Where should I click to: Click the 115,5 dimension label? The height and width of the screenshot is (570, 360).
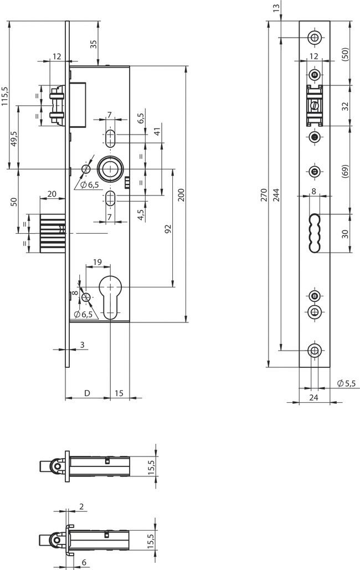click(x=5, y=96)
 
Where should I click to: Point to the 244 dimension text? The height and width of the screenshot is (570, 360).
click(x=276, y=194)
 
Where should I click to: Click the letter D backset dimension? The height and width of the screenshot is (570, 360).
click(x=87, y=393)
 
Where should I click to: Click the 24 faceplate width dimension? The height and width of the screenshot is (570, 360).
click(x=314, y=397)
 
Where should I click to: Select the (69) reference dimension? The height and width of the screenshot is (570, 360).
click(x=346, y=170)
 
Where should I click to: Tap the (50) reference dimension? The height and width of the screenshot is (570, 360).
click(x=346, y=54)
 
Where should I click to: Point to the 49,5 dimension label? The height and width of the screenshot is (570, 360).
click(x=14, y=137)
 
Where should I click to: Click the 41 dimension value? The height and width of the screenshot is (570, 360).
click(x=157, y=131)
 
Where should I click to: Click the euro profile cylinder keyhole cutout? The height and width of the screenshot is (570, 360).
click(x=111, y=296)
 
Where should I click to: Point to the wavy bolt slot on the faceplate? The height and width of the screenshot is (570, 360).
click(x=314, y=233)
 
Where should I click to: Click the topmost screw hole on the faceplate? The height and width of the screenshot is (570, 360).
click(x=315, y=37)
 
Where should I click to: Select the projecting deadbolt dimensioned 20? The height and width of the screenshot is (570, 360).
click(x=53, y=233)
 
